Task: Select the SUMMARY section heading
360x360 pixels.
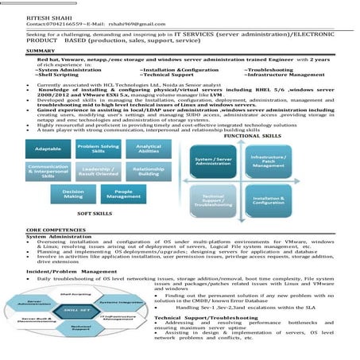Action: [40, 51]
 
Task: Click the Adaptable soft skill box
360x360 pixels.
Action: [48, 149]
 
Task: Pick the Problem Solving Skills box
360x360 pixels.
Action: [98, 148]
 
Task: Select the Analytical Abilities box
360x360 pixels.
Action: [149, 149]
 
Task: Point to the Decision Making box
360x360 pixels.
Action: [73, 193]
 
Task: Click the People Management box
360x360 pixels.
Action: [123, 193]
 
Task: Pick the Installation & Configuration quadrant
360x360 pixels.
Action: [269, 201]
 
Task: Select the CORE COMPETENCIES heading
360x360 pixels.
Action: [56, 230]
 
